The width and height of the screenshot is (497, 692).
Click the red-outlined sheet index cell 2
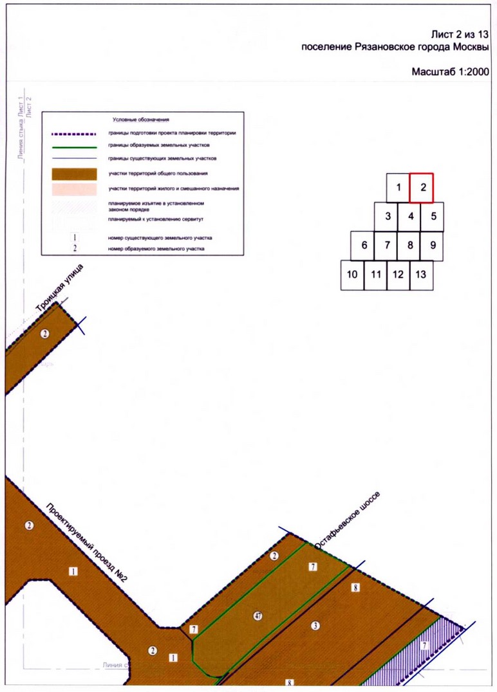click(422, 188)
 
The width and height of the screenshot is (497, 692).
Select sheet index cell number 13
click(421, 275)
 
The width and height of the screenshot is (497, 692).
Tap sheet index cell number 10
click(352, 275)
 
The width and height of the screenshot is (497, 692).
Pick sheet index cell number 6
click(364, 245)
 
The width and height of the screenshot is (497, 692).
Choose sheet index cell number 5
click(433, 216)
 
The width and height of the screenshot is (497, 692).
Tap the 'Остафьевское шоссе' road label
click(348, 520)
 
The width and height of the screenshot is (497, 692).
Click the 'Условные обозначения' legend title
click(140, 120)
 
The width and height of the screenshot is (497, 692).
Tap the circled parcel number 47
click(258, 616)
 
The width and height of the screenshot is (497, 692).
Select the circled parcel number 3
click(315, 626)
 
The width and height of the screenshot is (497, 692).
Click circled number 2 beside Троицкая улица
click(44, 334)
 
